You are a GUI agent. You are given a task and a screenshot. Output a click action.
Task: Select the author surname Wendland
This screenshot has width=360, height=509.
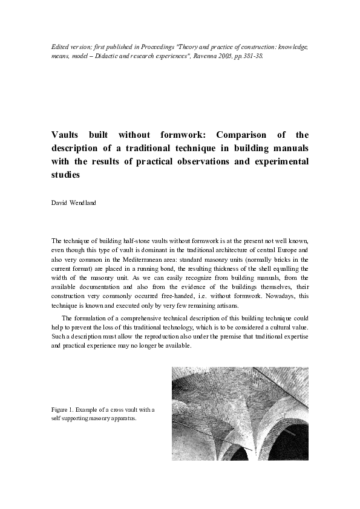click(x=83, y=203)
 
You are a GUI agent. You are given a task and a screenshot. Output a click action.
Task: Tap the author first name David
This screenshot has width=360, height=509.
click(x=59, y=203)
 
